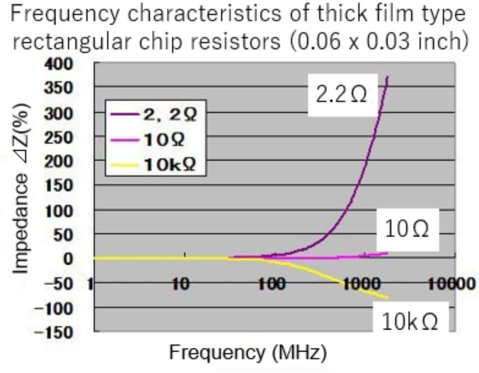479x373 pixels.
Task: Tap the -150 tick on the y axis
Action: [56, 332]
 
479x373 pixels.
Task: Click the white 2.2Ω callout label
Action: [342, 95]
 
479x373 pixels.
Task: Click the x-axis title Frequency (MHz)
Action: [248, 353]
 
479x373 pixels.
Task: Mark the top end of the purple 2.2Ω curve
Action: [388, 77]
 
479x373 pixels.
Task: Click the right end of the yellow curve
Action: [388, 297]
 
